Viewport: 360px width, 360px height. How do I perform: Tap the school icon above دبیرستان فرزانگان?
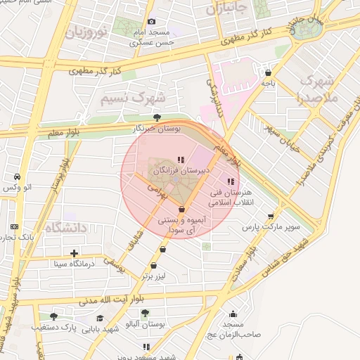click(180, 160)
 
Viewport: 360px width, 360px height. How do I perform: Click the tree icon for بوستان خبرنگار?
click(156, 118)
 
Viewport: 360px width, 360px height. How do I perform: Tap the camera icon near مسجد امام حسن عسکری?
click(150, 22)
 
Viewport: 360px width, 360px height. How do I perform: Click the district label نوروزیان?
click(86, 32)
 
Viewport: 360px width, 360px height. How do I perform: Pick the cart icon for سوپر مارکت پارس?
click(271, 216)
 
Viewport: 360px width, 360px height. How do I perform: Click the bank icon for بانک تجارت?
click(14, 226)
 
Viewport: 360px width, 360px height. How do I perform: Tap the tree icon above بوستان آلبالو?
click(145, 313)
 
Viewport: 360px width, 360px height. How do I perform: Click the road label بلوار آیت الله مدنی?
click(79, 300)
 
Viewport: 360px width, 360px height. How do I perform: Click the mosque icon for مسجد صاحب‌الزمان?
click(233, 314)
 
